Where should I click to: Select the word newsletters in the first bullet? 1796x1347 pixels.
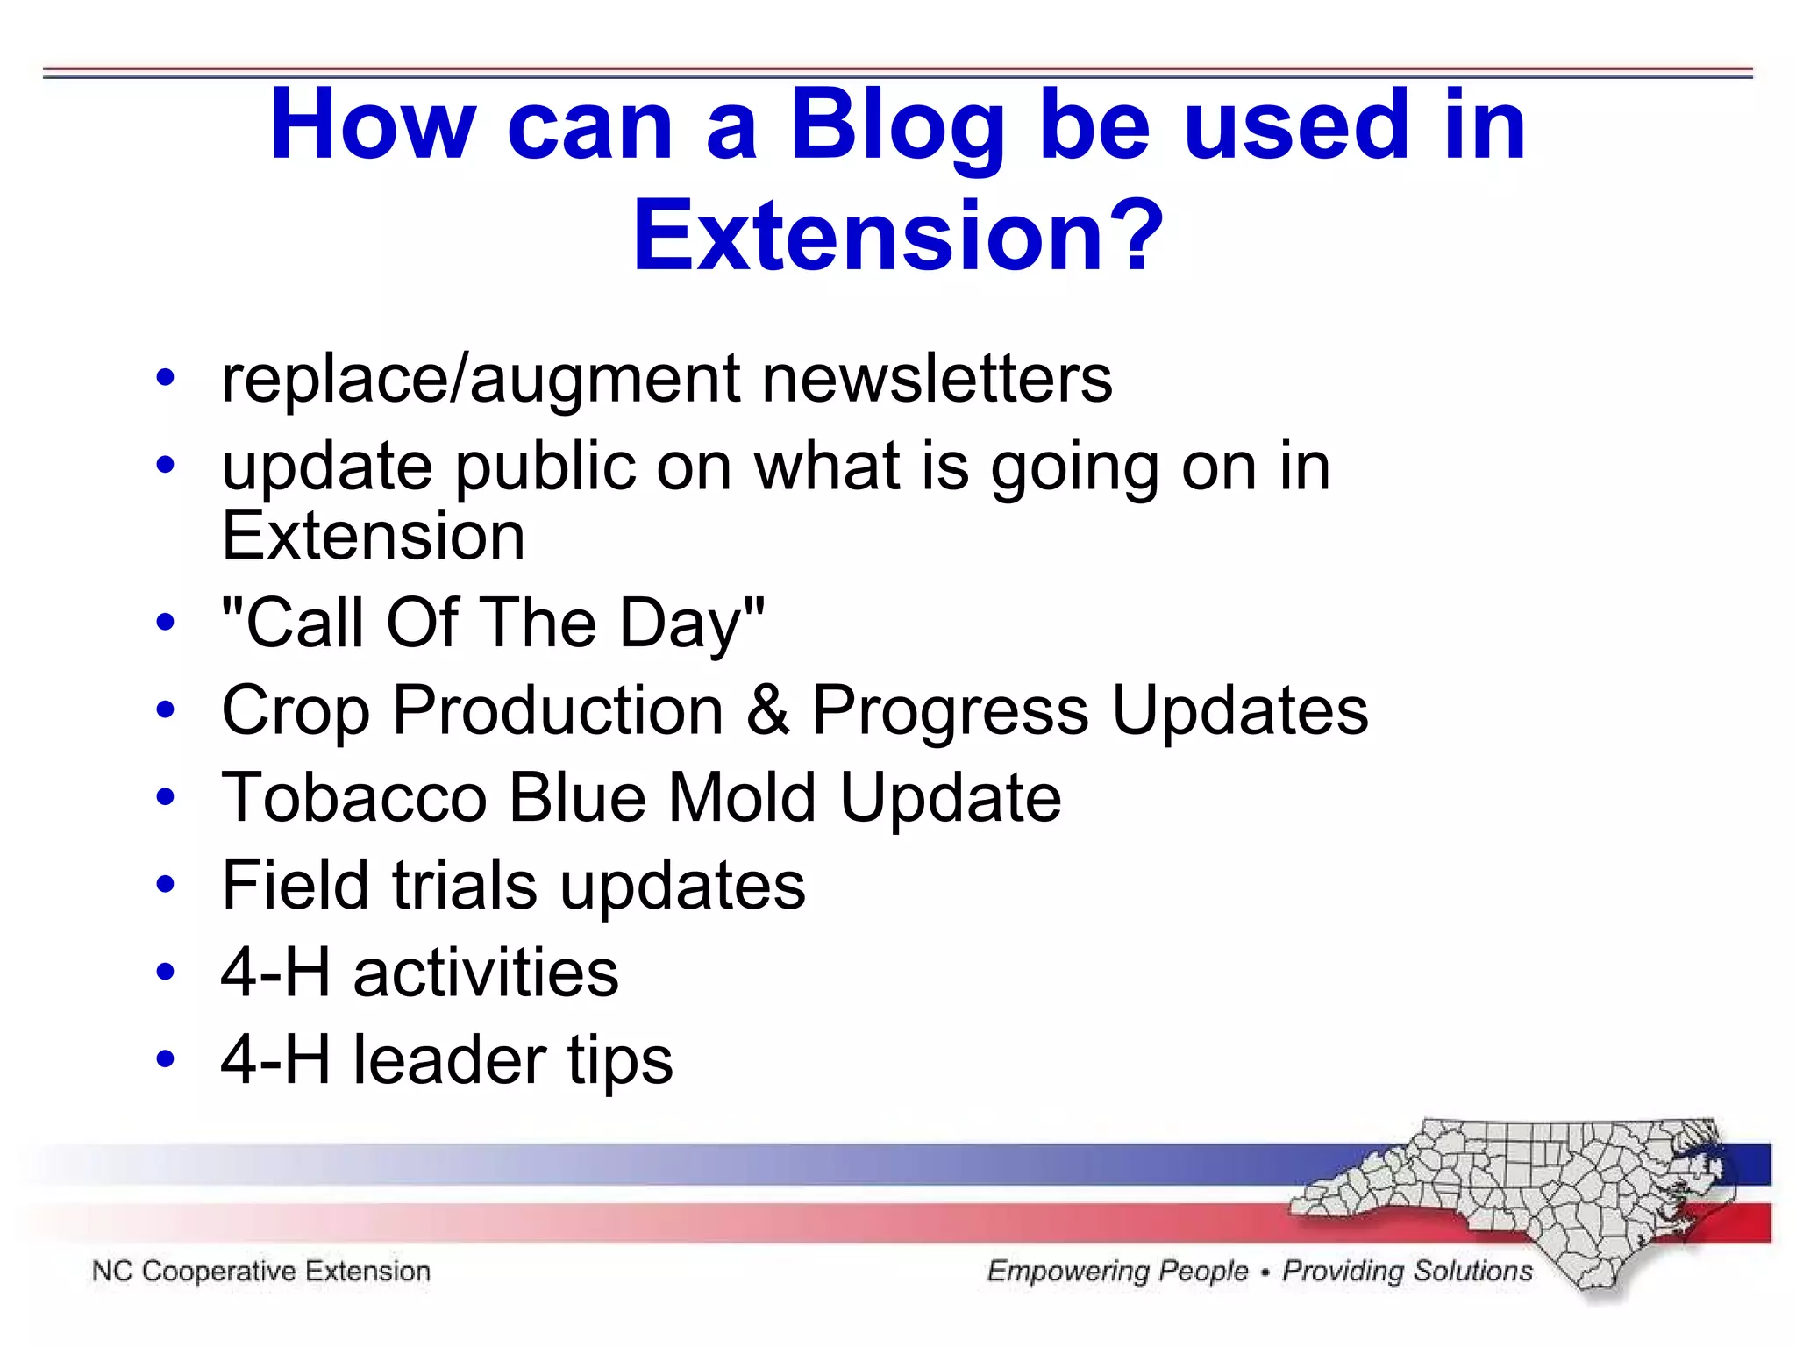[937, 379]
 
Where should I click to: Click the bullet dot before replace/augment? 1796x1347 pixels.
[165, 379]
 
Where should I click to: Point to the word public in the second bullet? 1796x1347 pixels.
[544, 467]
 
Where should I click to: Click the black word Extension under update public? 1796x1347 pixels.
[373, 536]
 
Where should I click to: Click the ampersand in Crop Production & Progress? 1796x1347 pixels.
[767, 709]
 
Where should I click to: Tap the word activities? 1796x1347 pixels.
[486, 973]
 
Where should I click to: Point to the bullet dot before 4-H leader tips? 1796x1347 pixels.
[165, 1059]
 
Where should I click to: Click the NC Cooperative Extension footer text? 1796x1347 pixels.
[261, 1271]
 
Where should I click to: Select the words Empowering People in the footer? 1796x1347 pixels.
[1117, 1271]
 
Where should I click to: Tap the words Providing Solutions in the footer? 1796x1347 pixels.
[1407, 1271]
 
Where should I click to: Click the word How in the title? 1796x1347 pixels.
[373, 127]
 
